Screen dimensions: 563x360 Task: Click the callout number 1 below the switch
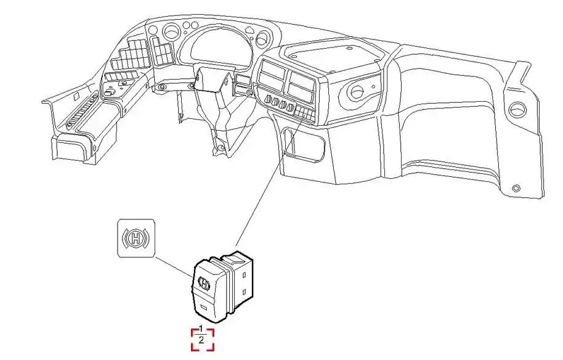(201, 329)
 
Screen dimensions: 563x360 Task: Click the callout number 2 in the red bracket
(201, 340)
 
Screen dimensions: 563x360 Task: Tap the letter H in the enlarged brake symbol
(136, 238)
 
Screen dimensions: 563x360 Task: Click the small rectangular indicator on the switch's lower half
(204, 307)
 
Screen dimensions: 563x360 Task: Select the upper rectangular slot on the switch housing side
(245, 276)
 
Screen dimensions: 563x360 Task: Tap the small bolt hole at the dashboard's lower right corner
(516, 188)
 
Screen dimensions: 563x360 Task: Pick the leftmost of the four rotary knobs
(268, 99)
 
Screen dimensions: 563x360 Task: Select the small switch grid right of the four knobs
(304, 113)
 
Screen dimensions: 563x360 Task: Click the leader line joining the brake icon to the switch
(174, 266)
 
